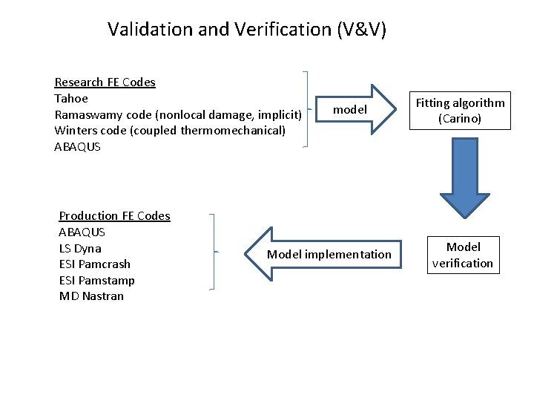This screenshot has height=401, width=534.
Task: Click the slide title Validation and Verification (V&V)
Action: click(246, 30)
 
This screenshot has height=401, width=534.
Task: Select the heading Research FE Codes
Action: click(105, 82)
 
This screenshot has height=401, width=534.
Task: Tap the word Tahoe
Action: click(71, 98)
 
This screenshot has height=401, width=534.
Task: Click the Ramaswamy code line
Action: click(178, 114)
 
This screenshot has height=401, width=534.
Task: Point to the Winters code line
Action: click(170, 131)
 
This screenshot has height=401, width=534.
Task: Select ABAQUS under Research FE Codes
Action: click(77, 147)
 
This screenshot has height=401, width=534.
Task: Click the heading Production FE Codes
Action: click(114, 216)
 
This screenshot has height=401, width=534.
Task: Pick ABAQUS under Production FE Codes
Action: click(82, 232)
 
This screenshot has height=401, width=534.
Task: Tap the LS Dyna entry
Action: click(80, 248)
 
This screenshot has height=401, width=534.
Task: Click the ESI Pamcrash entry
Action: click(94, 264)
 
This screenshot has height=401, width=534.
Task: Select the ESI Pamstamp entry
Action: click(96, 280)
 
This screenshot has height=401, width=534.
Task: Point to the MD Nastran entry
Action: click(91, 296)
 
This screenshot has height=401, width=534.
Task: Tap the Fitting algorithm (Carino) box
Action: click(460, 111)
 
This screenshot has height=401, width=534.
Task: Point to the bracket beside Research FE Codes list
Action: click(307, 110)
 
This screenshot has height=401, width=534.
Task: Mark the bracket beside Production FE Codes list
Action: click(214, 252)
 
